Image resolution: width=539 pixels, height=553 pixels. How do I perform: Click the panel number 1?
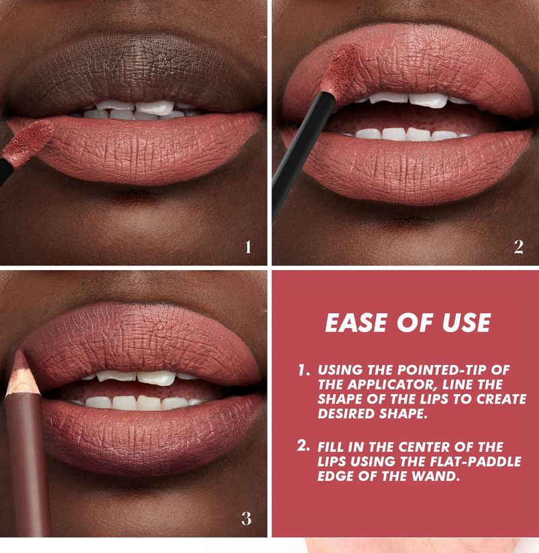(x=249, y=247)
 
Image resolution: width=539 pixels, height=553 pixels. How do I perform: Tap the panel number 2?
(x=519, y=247)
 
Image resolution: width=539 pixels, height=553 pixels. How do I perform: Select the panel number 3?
(x=247, y=519)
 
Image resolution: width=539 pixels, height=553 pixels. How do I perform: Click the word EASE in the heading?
(x=356, y=323)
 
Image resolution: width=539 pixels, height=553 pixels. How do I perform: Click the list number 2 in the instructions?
(x=303, y=446)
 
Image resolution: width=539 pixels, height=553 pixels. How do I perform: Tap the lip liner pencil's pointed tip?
(x=18, y=352)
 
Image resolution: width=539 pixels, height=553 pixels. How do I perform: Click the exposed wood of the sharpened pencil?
(x=22, y=381)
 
